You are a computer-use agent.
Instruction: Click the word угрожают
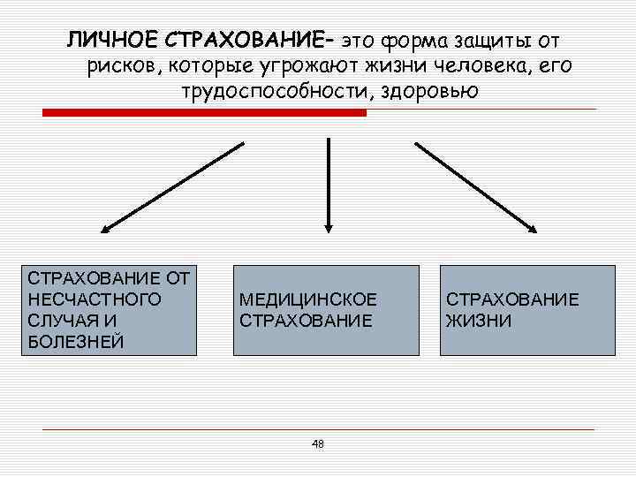[298, 66]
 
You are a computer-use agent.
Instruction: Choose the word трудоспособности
[277, 92]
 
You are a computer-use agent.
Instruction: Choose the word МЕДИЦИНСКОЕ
[307, 299]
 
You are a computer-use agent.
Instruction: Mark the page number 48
[318, 443]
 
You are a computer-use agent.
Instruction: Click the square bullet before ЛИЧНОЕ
[50, 41]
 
